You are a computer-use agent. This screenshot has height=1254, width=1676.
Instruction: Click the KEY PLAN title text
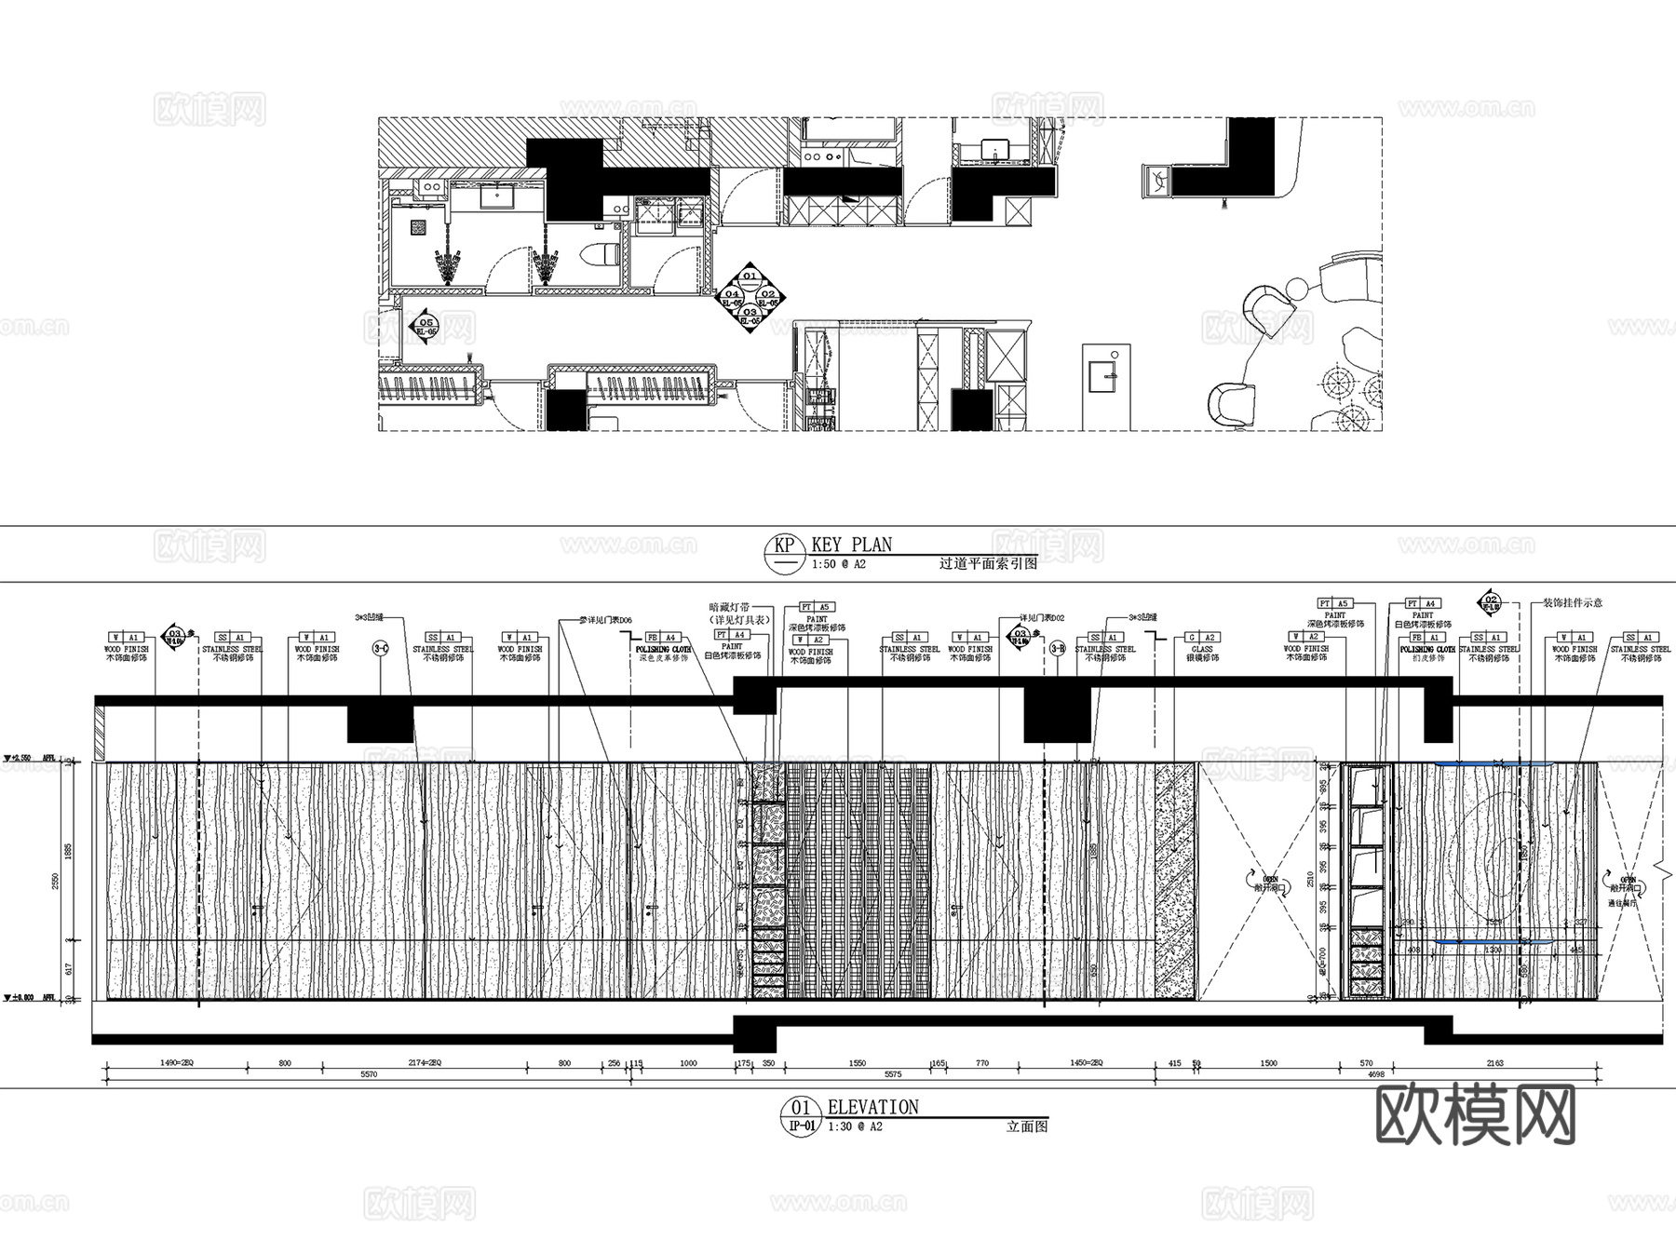(x=851, y=545)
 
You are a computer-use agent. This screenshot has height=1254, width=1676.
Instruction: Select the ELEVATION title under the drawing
(x=872, y=1107)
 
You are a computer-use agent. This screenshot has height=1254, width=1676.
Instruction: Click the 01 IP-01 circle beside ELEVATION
(x=801, y=1114)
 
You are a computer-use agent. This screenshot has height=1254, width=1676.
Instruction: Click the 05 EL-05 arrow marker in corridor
(x=426, y=327)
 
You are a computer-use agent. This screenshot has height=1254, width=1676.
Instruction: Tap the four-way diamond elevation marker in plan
(x=750, y=296)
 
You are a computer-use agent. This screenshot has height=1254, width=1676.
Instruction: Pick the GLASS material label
(x=1202, y=649)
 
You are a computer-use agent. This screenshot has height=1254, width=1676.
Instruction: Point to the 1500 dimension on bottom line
(x=1268, y=1062)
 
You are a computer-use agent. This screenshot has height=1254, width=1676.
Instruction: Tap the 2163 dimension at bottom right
(x=1521, y=1062)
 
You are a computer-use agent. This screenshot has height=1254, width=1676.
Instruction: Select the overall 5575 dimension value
(x=892, y=1074)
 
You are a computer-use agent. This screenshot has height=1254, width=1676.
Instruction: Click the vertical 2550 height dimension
(x=55, y=880)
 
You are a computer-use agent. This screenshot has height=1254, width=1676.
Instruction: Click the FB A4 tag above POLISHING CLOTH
(x=661, y=638)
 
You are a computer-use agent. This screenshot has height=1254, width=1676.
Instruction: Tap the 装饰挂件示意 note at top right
(x=1573, y=602)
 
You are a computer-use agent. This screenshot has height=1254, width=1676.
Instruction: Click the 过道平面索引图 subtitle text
(x=988, y=563)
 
